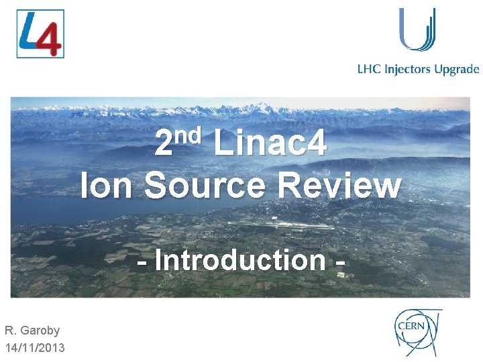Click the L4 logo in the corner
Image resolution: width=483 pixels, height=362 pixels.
click(x=40, y=34)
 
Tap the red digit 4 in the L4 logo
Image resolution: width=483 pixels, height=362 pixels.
click(x=48, y=40)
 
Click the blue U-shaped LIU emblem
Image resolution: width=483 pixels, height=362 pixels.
click(x=417, y=29)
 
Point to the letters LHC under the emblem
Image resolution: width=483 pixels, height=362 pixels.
click(x=369, y=69)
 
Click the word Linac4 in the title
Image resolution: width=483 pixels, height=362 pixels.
click(x=270, y=143)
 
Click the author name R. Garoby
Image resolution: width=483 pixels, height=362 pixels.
click(x=32, y=330)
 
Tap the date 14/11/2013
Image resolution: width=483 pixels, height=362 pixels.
click(x=35, y=347)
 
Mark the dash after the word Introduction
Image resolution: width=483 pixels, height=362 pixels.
click(x=339, y=261)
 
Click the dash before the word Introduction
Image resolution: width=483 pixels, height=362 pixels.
click(x=142, y=261)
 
